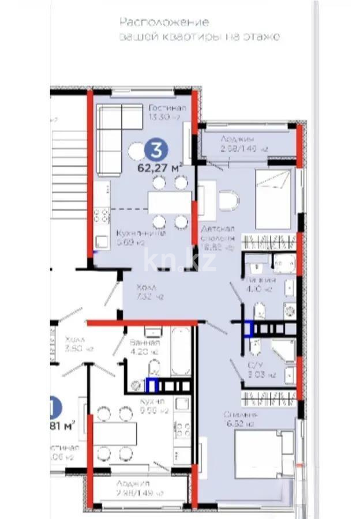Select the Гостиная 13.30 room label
pos(167,112)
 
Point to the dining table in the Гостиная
pos(169,202)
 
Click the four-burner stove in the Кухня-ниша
pos(102,216)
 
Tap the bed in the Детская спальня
pos(275,199)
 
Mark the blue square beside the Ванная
pos(152,385)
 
